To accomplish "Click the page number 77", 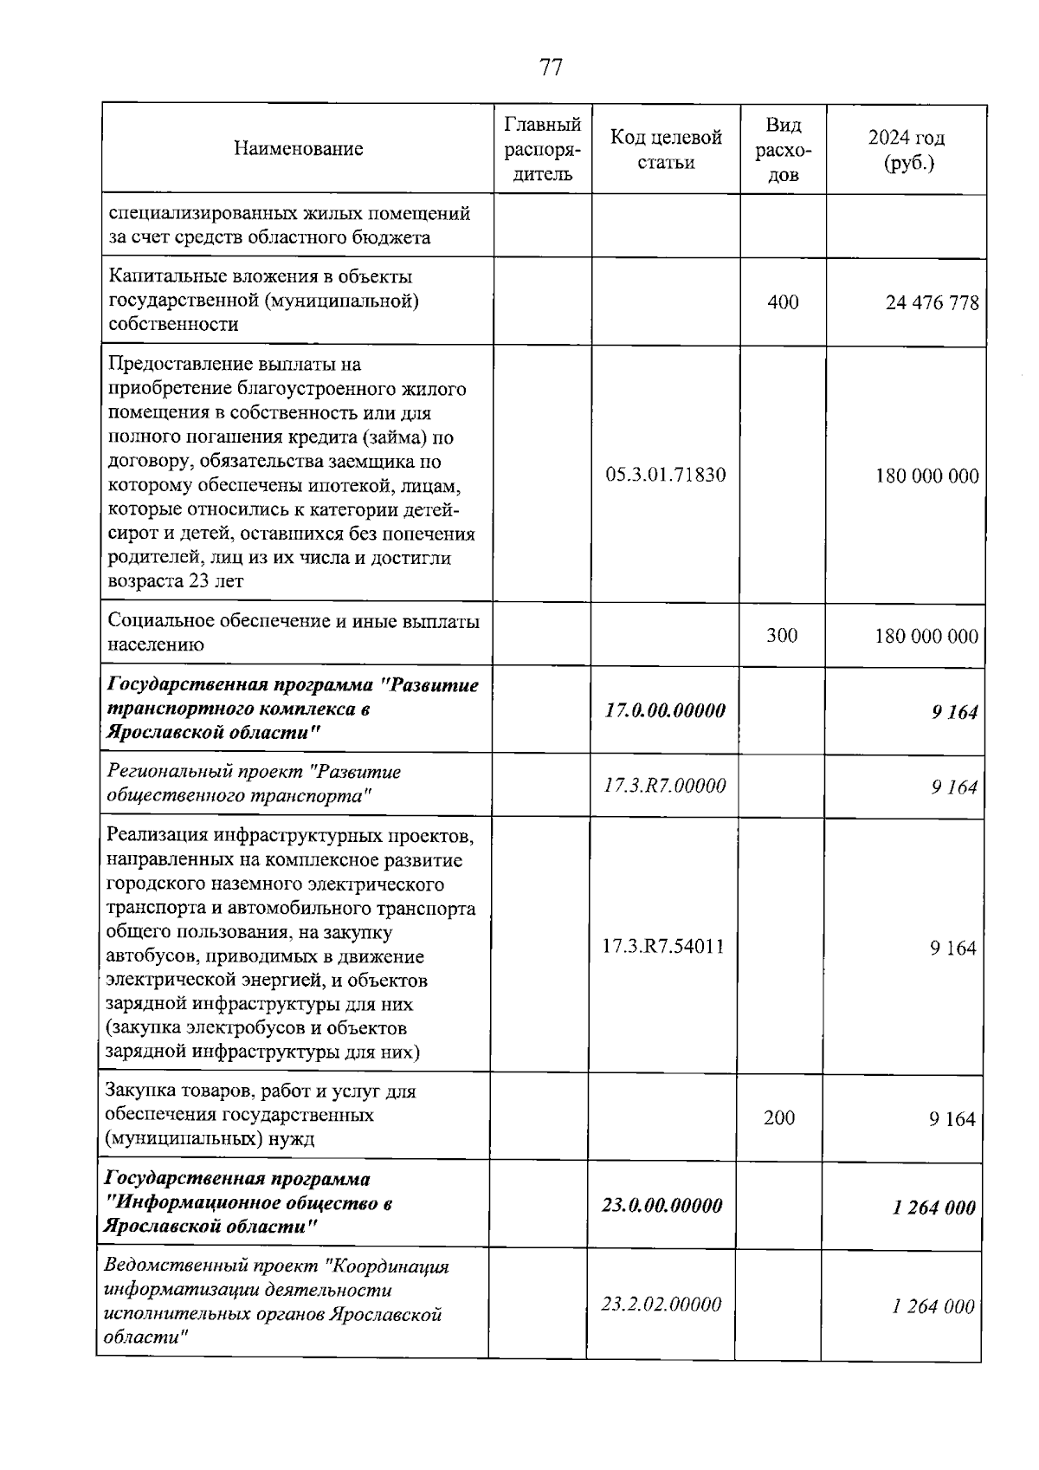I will coord(551,68).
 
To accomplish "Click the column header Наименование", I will coord(298,149).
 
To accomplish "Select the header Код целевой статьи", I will coord(665,149).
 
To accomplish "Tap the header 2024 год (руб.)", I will coord(907,149).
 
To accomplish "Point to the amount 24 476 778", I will coord(932,303).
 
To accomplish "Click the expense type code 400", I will coord(783,302).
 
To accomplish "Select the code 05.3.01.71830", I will coord(665,475).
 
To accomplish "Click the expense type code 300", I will coord(782,636).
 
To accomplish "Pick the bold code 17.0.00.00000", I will coord(664,710).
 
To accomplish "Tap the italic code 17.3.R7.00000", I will coord(664,786).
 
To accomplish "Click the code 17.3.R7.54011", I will coord(663,946).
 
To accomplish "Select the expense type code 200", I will coord(779,1118).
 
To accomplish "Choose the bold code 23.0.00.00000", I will coord(661,1206).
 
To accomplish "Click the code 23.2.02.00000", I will coord(661,1305).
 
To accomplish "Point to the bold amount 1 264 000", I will coord(933,1208).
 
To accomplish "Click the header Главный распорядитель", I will coord(542,149).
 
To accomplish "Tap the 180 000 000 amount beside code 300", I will coord(926,637).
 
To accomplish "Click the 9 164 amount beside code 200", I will coord(952,1119).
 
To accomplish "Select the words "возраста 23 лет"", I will coord(175,581).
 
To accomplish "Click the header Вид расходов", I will coord(783,149).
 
